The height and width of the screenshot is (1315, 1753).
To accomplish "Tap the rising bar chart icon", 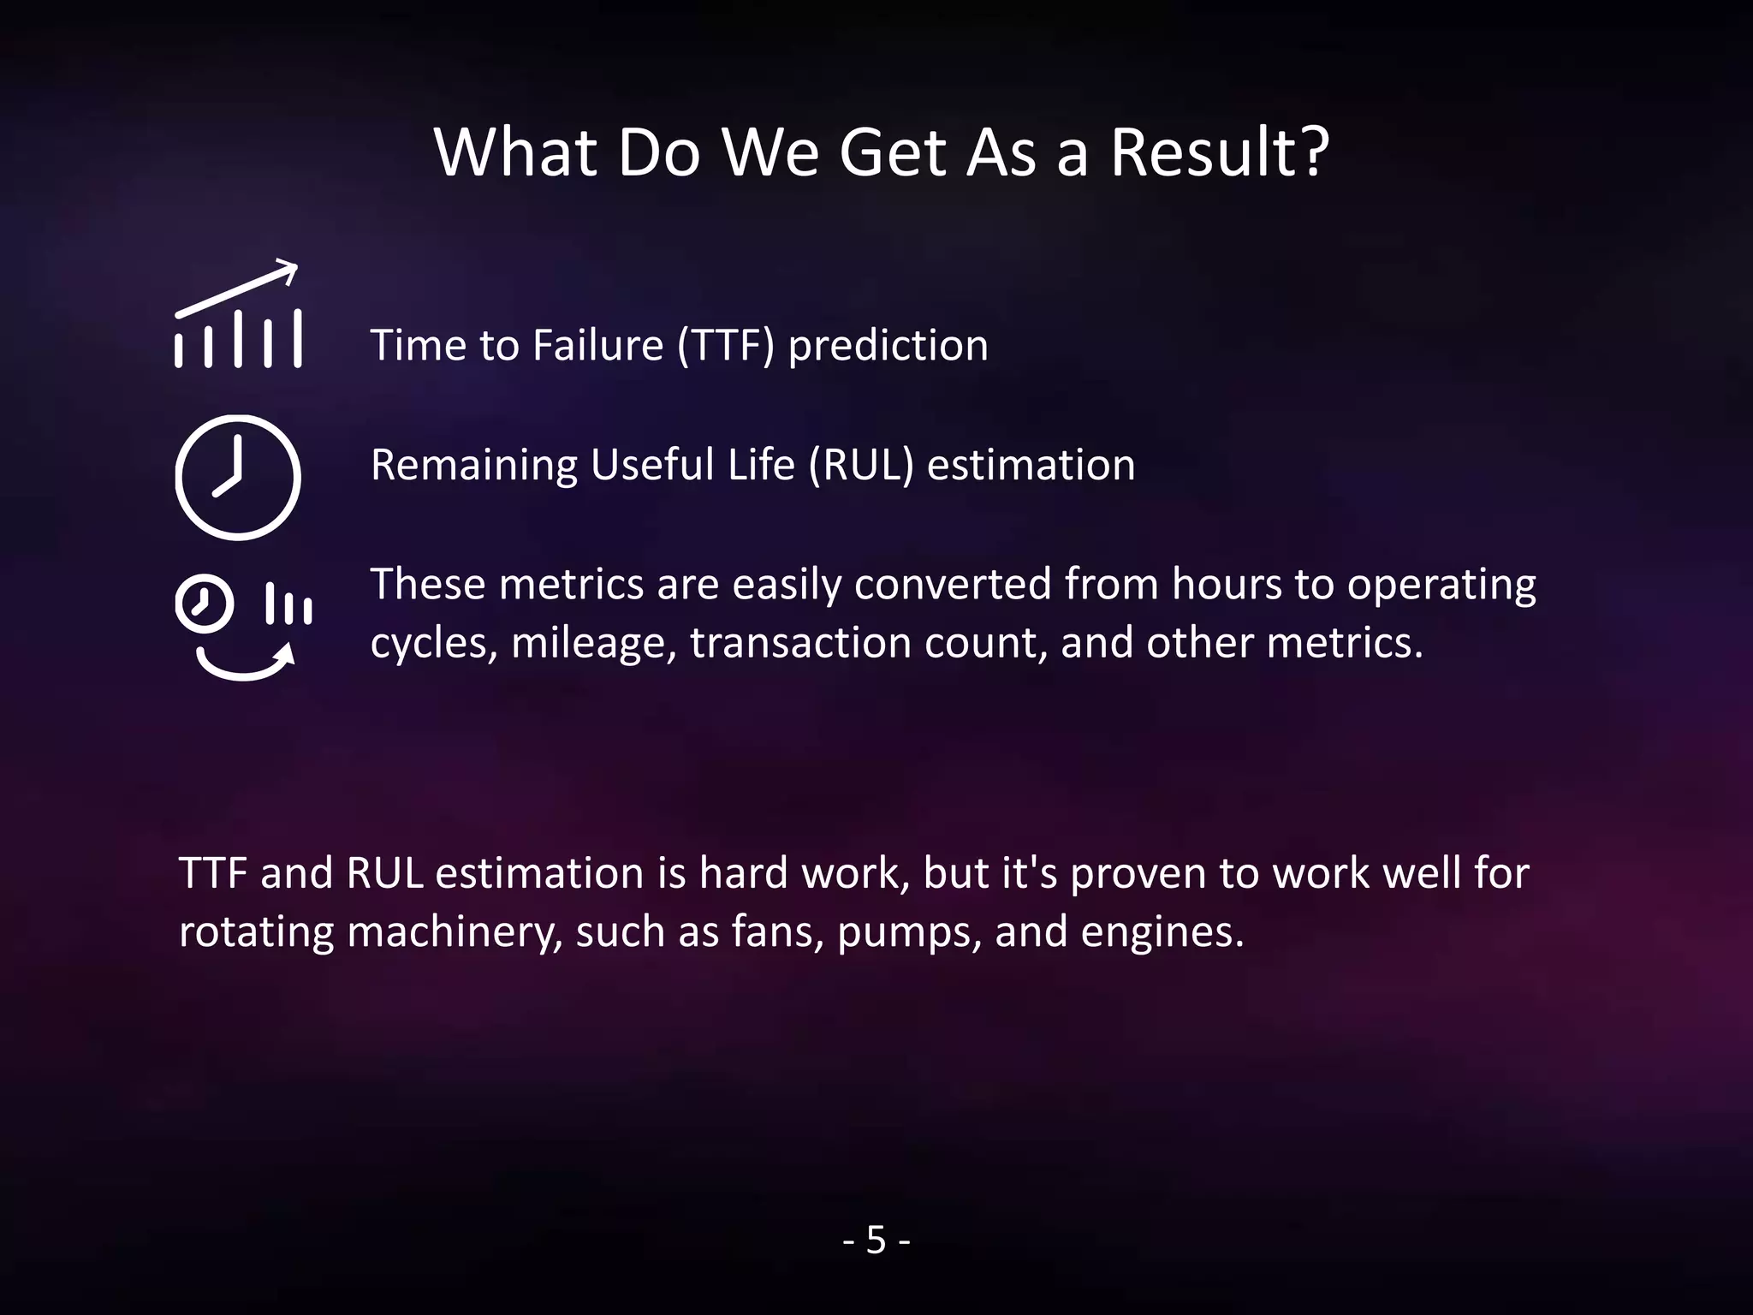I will pos(238,317).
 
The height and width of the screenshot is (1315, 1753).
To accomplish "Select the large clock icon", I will pos(238,477).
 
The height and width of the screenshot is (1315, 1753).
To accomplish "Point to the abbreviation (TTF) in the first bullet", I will pos(726,345).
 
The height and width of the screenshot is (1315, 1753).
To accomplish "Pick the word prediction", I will pos(888,345).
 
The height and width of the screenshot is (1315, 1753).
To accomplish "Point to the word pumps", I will pos(908,931).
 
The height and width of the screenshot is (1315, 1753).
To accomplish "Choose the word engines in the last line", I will pos(1162,931).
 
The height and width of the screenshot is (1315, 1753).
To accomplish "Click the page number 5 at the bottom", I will pos(876,1240).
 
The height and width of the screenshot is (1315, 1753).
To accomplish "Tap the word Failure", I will pos(597,345).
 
